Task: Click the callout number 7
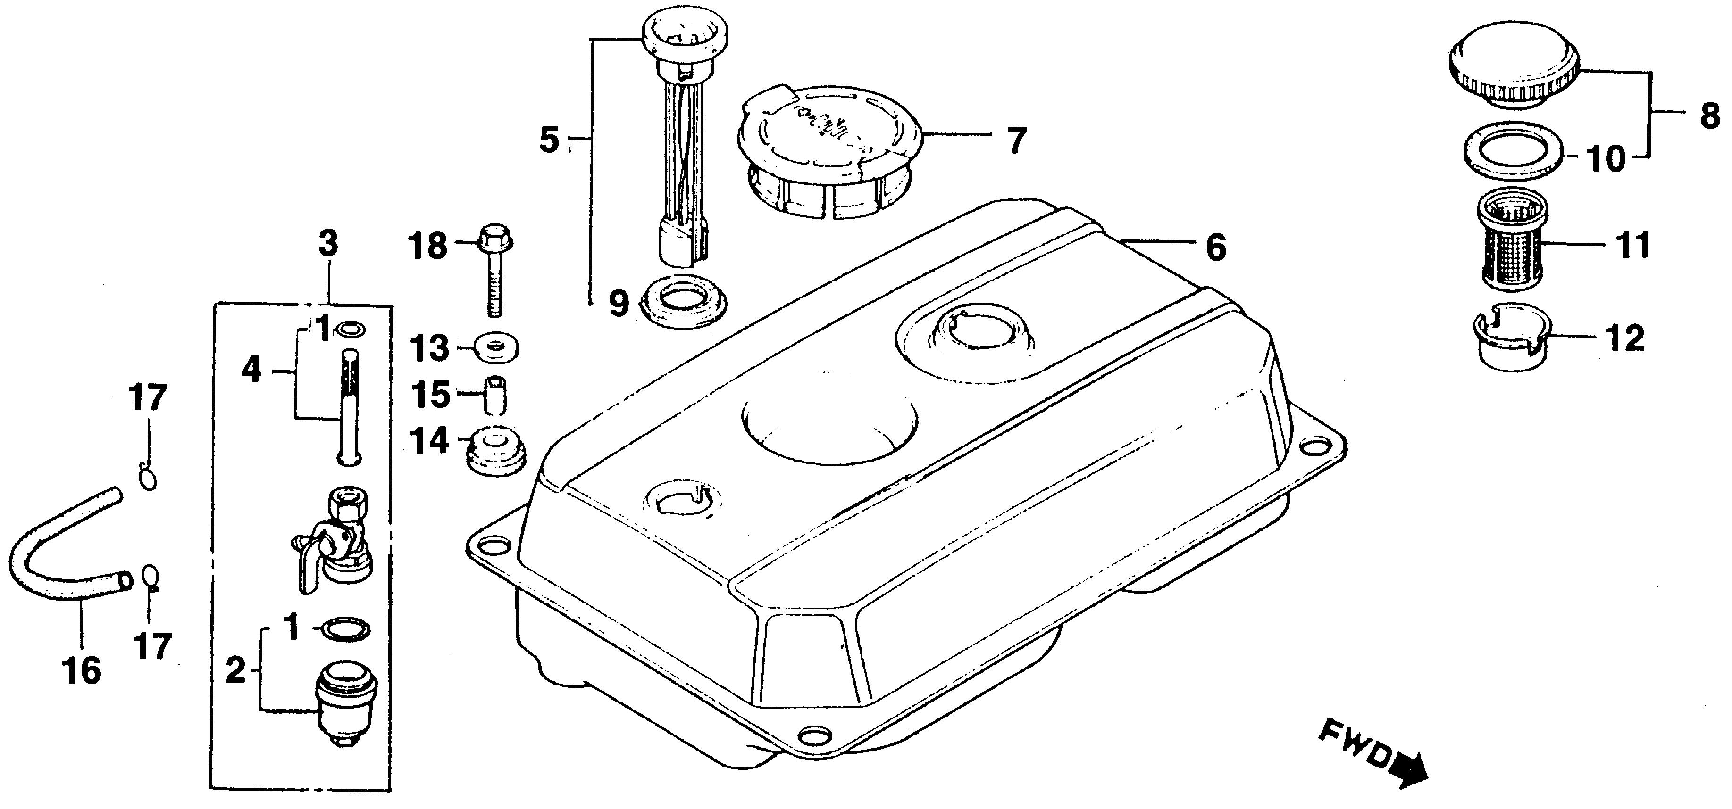[x=1016, y=140]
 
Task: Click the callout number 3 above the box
[x=328, y=244]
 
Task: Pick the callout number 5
[x=549, y=141]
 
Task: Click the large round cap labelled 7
[x=830, y=144]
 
